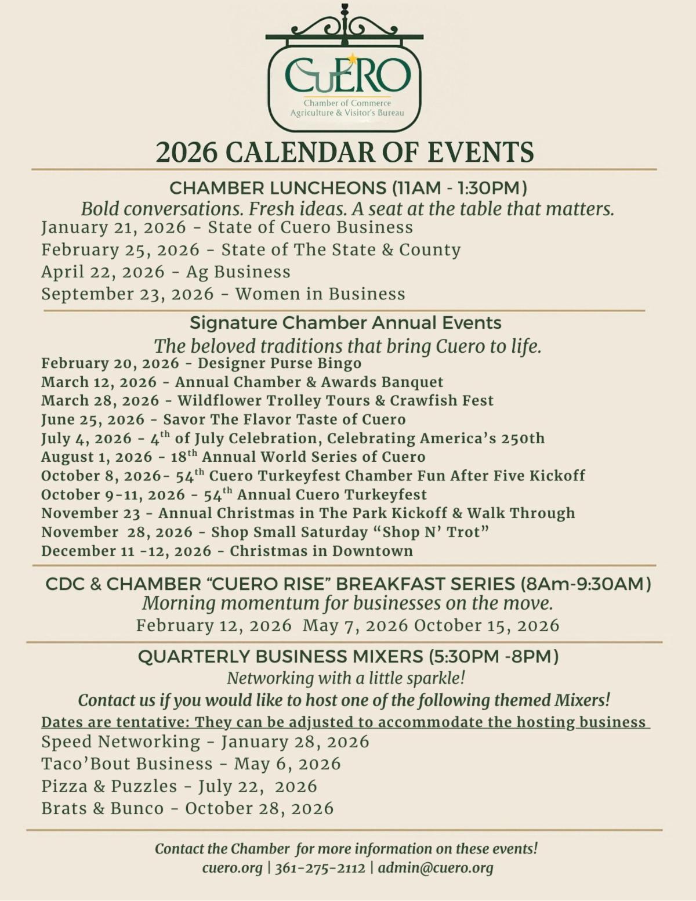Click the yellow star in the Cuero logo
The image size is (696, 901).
(x=352, y=59)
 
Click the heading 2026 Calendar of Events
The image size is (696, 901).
(x=345, y=153)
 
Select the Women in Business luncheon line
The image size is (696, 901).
(x=223, y=294)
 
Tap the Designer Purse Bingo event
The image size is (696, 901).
(x=201, y=364)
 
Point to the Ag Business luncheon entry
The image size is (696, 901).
(x=166, y=272)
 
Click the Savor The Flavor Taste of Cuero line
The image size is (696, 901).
(x=223, y=419)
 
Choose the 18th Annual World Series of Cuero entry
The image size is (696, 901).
(x=233, y=457)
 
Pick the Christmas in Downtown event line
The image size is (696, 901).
(x=227, y=551)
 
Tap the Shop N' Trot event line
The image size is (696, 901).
(x=265, y=532)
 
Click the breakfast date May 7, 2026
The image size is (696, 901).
(x=356, y=625)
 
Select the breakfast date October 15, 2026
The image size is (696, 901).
(x=487, y=625)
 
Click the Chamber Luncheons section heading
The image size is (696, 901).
(x=348, y=188)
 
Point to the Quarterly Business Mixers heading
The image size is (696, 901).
(x=348, y=657)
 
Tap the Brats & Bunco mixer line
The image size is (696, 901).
(x=187, y=809)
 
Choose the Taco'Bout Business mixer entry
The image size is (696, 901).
(x=191, y=764)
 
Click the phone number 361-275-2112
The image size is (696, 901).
(x=320, y=868)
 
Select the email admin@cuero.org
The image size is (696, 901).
(x=436, y=868)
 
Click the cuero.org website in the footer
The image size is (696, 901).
(x=232, y=868)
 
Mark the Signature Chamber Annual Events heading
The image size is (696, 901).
(x=345, y=323)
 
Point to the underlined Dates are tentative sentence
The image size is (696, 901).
(x=345, y=722)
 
